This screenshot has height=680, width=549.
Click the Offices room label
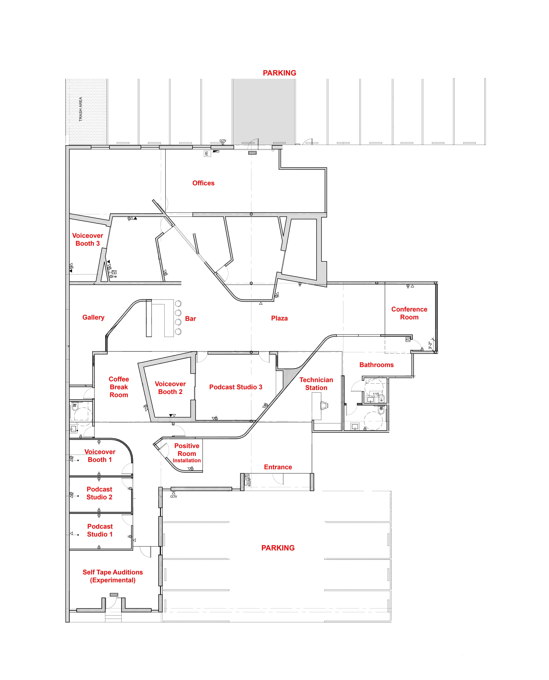point(203,183)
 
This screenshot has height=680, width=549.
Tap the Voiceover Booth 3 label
point(88,239)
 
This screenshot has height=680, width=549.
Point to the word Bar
point(190,318)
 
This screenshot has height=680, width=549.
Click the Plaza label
point(279,318)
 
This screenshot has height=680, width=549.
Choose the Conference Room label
point(409,313)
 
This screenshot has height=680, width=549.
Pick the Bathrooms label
point(376,365)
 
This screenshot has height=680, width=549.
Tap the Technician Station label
point(316,384)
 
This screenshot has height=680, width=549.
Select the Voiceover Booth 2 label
point(170,388)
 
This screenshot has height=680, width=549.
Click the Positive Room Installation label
point(187,453)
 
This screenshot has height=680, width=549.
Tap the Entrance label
point(278,467)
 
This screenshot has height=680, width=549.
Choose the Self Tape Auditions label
point(113,576)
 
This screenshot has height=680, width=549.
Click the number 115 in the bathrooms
point(376,394)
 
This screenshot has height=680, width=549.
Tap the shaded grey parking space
point(264,112)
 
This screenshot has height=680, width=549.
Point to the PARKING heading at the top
point(280,73)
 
